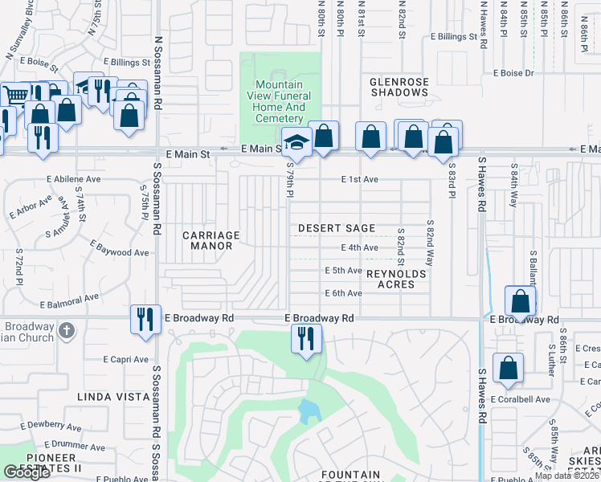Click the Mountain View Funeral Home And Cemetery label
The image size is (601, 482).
pyautogui.click(x=279, y=101)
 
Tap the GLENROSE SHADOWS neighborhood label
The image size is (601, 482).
pyautogui.click(x=399, y=87)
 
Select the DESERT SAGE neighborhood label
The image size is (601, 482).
pyautogui.click(x=337, y=229)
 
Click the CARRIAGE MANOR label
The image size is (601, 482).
pyautogui.click(x=211, y=241)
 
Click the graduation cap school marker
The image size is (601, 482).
pyautogui.click(x=296, y=144)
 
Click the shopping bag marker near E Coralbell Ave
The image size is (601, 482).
pyautogui.click(x=508, y=369)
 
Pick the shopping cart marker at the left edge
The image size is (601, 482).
pyautogui.click(x=14, y=96)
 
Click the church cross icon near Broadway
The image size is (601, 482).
pyautogui.click(x=67, y=329)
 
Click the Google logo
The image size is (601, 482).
pyautogui.click(x=27, y=472)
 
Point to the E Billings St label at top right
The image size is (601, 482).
pyautogui.click(x=453, y=37)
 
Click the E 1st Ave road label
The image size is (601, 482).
pyautogui.click(x=359, y=179)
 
